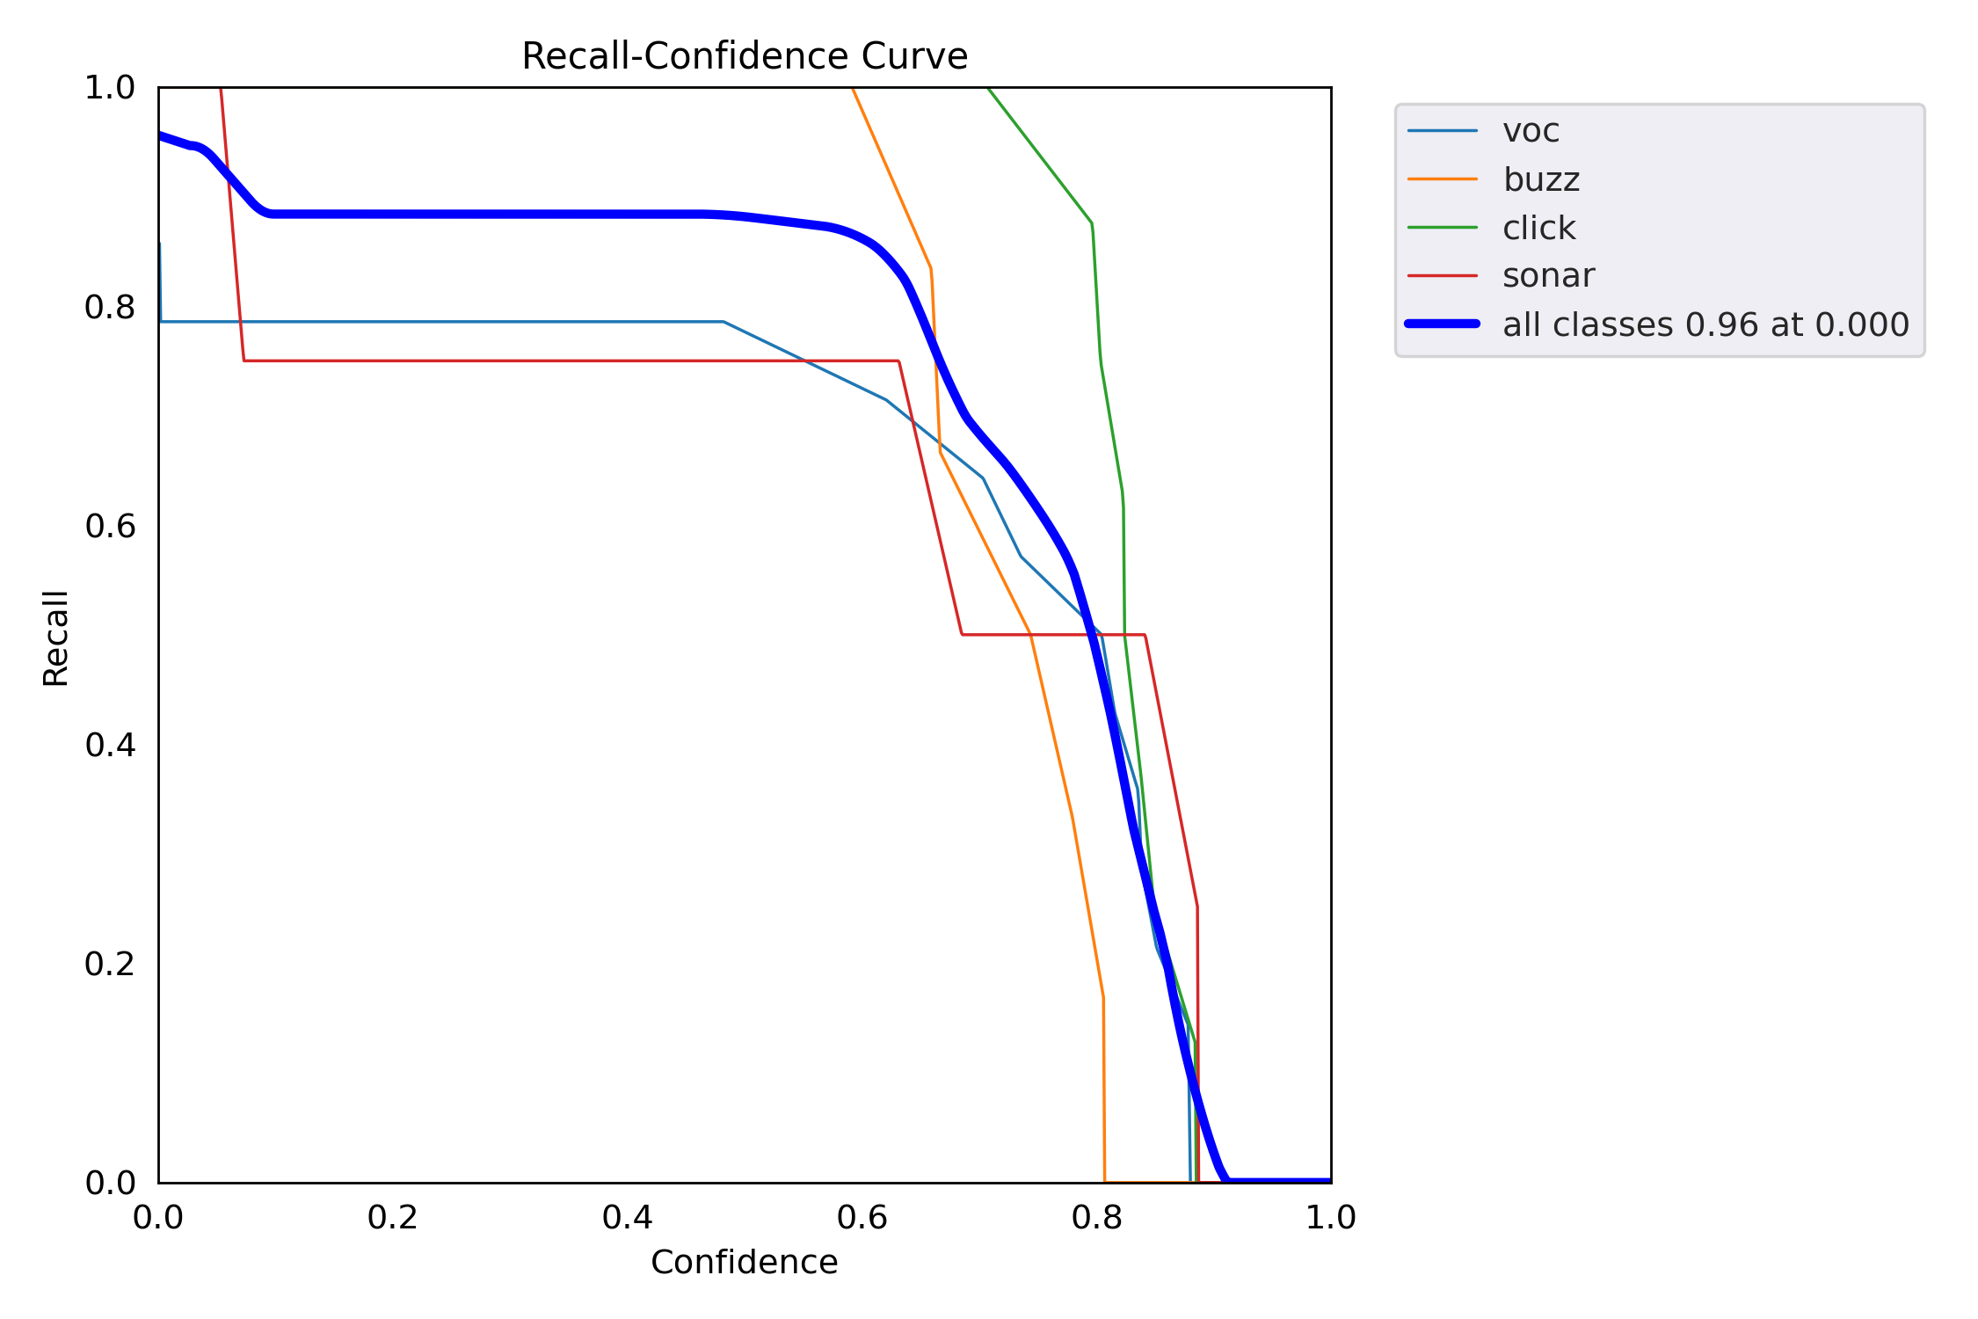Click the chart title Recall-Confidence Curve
744,56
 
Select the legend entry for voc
1531,131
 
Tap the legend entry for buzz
1541,179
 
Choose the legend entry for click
1538,228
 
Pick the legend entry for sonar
1547,276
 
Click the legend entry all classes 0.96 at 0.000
1705,324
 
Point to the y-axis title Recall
55,638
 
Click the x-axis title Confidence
744,1262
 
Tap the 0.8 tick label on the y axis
110,307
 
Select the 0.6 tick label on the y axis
110,526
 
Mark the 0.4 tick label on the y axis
110,745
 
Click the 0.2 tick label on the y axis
110,964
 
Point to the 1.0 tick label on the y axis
110,88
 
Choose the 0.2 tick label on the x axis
393,1217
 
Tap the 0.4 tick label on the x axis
628,1217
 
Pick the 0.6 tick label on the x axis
862,1217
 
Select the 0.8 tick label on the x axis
1097,1217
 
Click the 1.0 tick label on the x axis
1331,1217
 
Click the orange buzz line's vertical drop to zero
1103,1090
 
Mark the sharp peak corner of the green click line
1091,223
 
